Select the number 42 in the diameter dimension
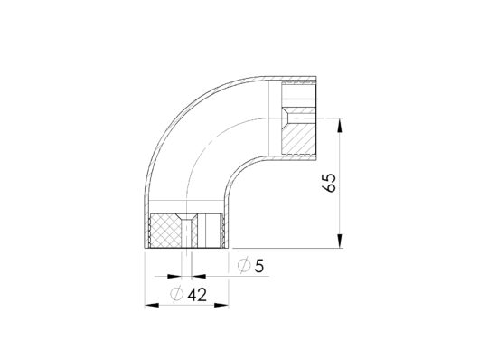pos(197,295)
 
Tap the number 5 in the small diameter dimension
pos(258,266)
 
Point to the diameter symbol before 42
pos(176,295)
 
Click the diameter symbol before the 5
pos(244,266)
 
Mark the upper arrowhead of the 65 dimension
pos(340,126)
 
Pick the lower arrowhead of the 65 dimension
pos(340,241)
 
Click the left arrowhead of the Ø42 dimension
pos(152,305)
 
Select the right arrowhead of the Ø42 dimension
pos(221,305)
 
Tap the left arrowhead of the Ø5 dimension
pos(174,277)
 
